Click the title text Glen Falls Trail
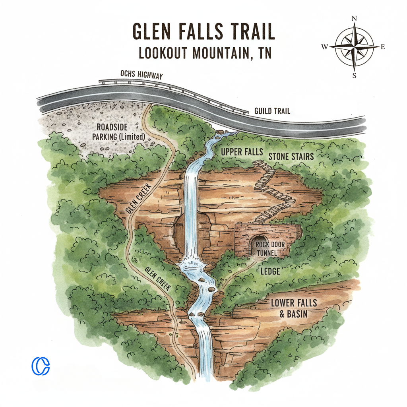click(x=203, y=32)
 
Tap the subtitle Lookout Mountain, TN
click(x=203, y=53)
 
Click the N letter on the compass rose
click(x=354, y=18)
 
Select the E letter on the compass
click(x=383, y=47)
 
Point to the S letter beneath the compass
click(x=354, y=76)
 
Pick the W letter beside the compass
click(x=324, y=47)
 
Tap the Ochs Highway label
click(x=141, y=75)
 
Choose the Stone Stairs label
click(x=291, y=156)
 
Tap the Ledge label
click(x=270, y=271)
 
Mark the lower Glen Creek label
click(x=155, y=279)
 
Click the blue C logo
click(x=41, y=366)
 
